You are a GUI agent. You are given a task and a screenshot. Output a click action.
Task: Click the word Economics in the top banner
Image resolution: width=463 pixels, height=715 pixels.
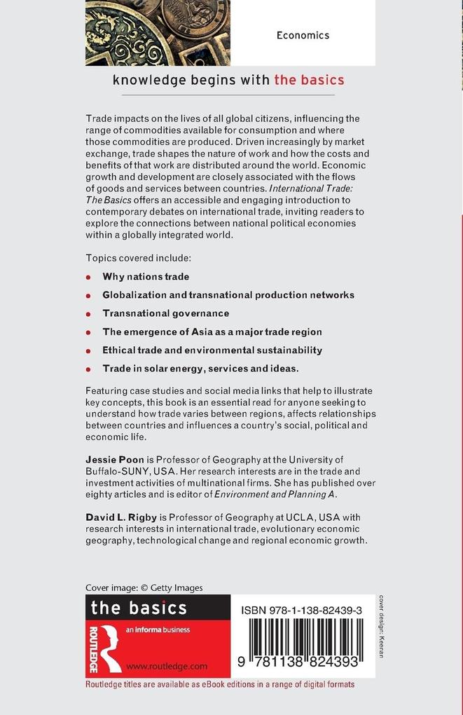[x=303, y=35]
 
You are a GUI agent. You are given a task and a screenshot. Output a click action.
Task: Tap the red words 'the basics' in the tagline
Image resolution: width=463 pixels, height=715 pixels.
[x=309, y=80]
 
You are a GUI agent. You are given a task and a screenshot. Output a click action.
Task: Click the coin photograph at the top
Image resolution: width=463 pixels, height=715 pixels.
[x=158, y=33]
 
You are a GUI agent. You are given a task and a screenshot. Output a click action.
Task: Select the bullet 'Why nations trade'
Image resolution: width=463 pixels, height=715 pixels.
[x=146, y=277]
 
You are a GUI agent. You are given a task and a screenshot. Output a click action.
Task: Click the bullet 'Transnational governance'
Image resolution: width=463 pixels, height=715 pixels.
[x=166, y=313]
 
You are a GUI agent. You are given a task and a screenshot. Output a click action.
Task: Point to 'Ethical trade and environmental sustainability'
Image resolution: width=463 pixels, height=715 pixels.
[x=212, y=350]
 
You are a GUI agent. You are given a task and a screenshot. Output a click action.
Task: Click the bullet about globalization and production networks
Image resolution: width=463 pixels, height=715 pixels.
[x=228, y=295]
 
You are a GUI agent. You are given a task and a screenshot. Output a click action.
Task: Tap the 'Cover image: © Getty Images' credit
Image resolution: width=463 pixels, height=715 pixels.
[x=144, y=588]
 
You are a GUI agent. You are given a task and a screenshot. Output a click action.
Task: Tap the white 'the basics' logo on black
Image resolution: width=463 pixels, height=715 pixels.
[x=139, y=607]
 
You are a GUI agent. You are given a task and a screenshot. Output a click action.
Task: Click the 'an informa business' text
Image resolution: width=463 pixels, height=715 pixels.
[x=158, y=629]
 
